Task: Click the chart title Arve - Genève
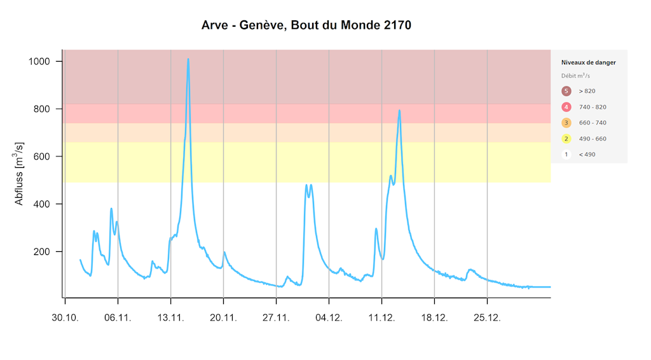306,26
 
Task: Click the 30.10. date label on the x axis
65,317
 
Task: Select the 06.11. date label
118,317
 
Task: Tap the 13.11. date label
170,317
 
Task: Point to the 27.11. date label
276,317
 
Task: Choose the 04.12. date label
329,317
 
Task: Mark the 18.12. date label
434,317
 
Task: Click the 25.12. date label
487,317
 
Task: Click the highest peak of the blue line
188,59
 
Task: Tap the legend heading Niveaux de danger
588,62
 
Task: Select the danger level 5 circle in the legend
566,91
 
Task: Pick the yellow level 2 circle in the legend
566,139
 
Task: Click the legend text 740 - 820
592,107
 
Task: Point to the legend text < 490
587,155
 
